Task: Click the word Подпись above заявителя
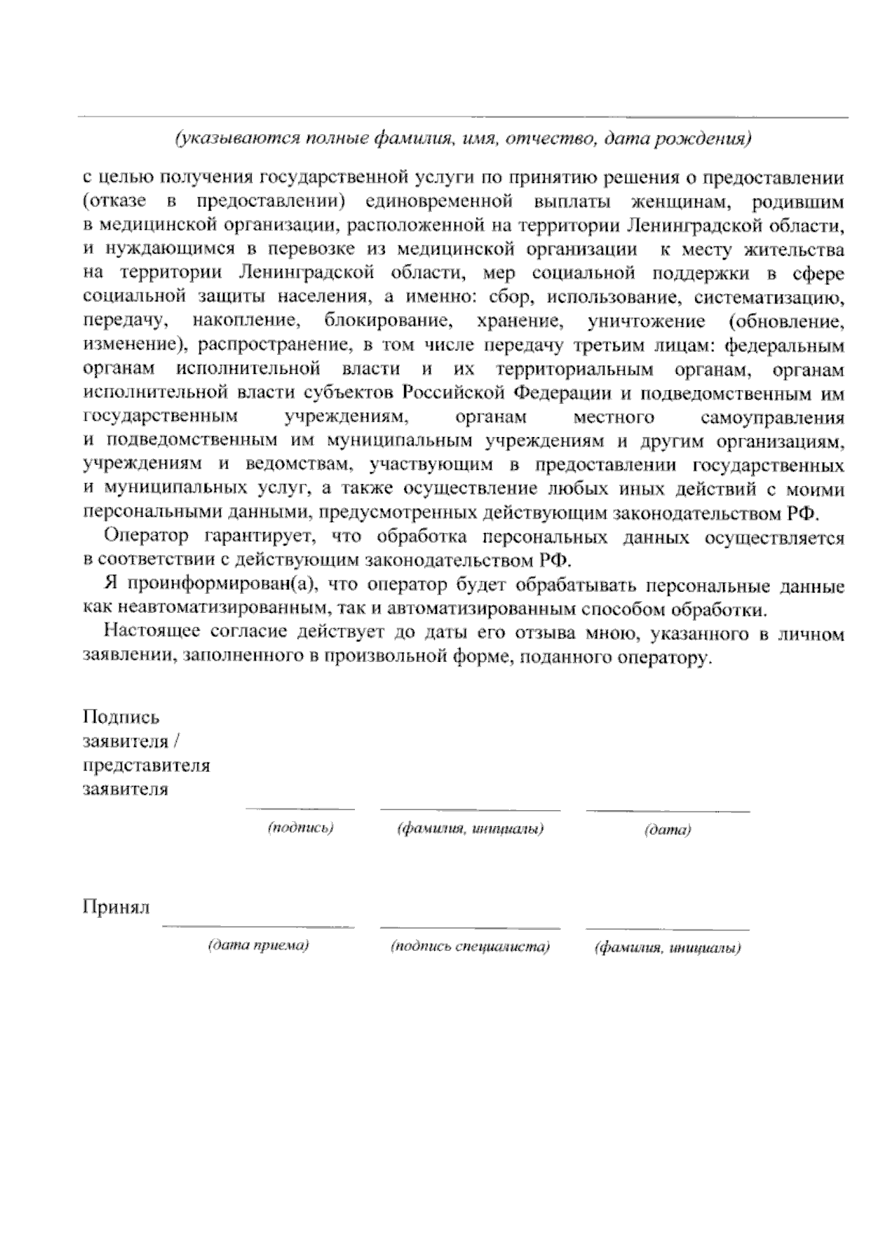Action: tap(121, 718)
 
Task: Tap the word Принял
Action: tap(116, 908)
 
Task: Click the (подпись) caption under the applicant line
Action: tap(301, 828)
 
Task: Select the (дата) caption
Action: tap(667, 831)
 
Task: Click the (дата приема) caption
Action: tap(258, 946)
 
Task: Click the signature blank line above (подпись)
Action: tap(300, 809)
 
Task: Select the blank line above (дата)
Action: tap(667, 811)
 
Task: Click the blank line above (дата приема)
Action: tap(258, 927)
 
